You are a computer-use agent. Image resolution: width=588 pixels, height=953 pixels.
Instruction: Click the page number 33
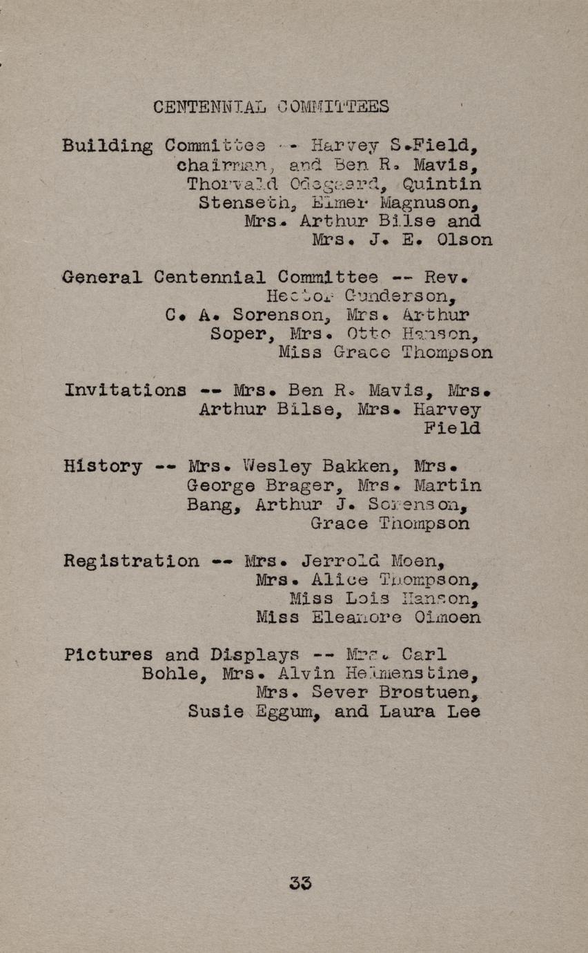click(x=301, y=883)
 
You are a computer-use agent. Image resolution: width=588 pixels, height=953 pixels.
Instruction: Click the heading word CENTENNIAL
click(x=209, y=107)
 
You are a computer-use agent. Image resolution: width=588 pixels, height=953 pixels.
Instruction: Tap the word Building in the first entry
click(x=107, y=146)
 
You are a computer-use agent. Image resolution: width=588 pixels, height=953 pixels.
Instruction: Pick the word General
click(x=102, y=278)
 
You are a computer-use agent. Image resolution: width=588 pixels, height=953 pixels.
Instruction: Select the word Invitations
click(x=125, y=390)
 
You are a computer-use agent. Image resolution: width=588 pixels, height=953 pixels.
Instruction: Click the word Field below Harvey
click(x=452, y=428)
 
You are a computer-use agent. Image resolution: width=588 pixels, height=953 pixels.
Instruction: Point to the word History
click(x=103, y=466)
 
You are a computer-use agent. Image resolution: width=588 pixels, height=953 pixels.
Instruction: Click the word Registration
click(x=131, y=561)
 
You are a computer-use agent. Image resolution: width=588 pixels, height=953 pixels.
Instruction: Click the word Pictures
click(x=108, y=655)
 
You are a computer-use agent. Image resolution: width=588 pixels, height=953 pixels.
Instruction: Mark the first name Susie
click(x=215, y=711)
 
